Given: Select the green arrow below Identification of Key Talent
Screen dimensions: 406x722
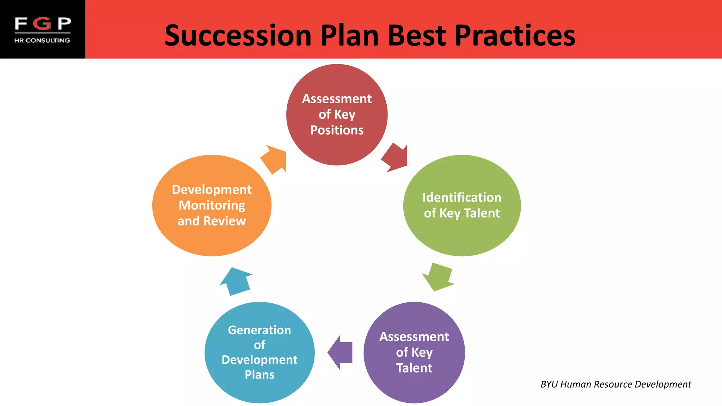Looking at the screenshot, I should (438, 277).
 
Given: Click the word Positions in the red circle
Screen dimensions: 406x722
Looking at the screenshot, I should (337, 130).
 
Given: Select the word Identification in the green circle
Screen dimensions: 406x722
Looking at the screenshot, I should (461, 197).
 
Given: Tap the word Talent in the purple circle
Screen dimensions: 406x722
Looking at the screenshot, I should (414, 368).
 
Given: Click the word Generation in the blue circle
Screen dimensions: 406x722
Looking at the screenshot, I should (259, 330).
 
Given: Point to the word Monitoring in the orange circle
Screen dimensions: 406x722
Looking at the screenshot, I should (212, 205).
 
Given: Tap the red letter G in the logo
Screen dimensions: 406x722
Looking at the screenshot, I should (43, 24).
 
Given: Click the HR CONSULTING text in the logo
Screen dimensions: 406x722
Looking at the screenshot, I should (42, 40).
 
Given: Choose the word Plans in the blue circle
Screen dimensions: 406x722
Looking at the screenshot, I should (259, 375).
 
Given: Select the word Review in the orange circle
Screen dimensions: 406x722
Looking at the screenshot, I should (225, 221).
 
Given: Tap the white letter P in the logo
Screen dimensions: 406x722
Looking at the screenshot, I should (64, 24).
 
